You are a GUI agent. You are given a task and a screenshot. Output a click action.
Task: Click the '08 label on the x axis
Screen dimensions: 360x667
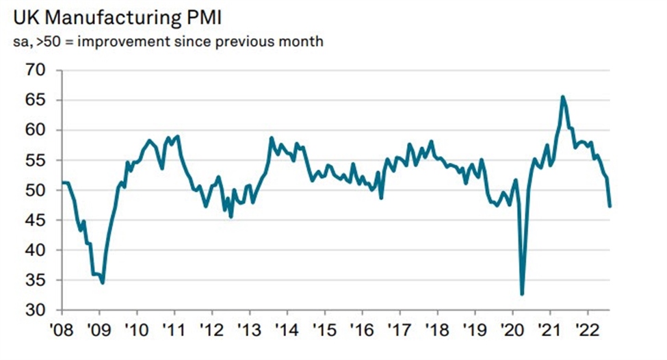point(62,327)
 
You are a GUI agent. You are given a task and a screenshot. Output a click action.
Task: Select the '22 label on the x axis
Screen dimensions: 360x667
point(588,327)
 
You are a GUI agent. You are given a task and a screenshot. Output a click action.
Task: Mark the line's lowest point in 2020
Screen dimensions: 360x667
point(522,294)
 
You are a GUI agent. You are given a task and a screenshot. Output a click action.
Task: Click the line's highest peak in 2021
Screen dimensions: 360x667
point(562,97)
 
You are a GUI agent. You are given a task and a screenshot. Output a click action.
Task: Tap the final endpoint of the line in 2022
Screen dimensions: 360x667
point(610,205)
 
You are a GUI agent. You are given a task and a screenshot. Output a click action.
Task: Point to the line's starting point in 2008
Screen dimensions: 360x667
point(63,182)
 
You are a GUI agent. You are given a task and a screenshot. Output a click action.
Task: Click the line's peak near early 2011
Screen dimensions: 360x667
point(178,136)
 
